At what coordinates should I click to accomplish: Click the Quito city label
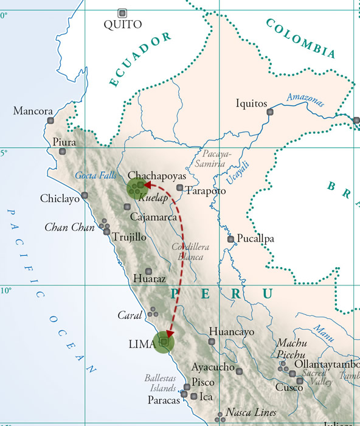123,24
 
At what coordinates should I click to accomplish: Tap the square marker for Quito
123,13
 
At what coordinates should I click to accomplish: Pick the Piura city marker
63,152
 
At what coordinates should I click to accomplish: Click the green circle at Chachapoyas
138,188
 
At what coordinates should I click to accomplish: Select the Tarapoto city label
206,191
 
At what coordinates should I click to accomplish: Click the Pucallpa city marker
230,239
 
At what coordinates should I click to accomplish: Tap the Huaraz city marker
148,271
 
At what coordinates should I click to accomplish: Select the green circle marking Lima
164,343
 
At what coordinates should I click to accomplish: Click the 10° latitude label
7,290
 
